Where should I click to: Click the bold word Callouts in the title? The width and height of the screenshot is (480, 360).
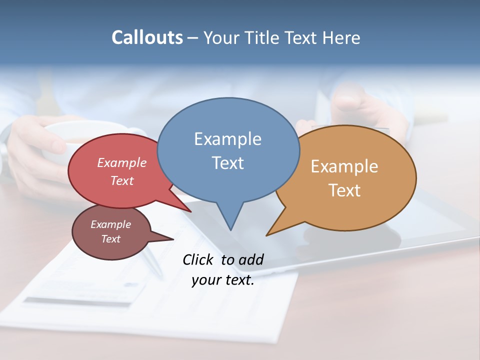tap(147, 37)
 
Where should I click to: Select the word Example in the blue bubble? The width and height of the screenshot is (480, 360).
tap(227, 139)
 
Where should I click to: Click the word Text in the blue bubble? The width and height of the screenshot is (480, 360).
tap(227, 162)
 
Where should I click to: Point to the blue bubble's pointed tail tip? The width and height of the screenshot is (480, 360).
tap(230, 229)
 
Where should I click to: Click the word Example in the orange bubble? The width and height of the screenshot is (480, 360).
tap(344, 166)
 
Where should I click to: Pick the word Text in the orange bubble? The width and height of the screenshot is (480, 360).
tap(344, 190)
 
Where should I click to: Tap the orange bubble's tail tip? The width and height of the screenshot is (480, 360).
tap(267, 235)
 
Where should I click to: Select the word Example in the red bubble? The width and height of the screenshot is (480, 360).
tap(122, 162)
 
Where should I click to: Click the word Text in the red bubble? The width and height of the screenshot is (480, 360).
tap(122, 180)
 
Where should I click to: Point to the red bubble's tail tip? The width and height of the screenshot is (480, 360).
tap(190, 211)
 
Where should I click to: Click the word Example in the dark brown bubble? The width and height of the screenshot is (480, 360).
tap(110, 224)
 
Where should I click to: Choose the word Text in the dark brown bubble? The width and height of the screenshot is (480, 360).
tap(110, 239)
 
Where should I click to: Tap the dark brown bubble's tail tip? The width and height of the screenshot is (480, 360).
tap(173, 239)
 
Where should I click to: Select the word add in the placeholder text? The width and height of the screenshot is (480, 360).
tap(251, 259)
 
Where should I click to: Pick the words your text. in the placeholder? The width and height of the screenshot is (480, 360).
tap(222, 280)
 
